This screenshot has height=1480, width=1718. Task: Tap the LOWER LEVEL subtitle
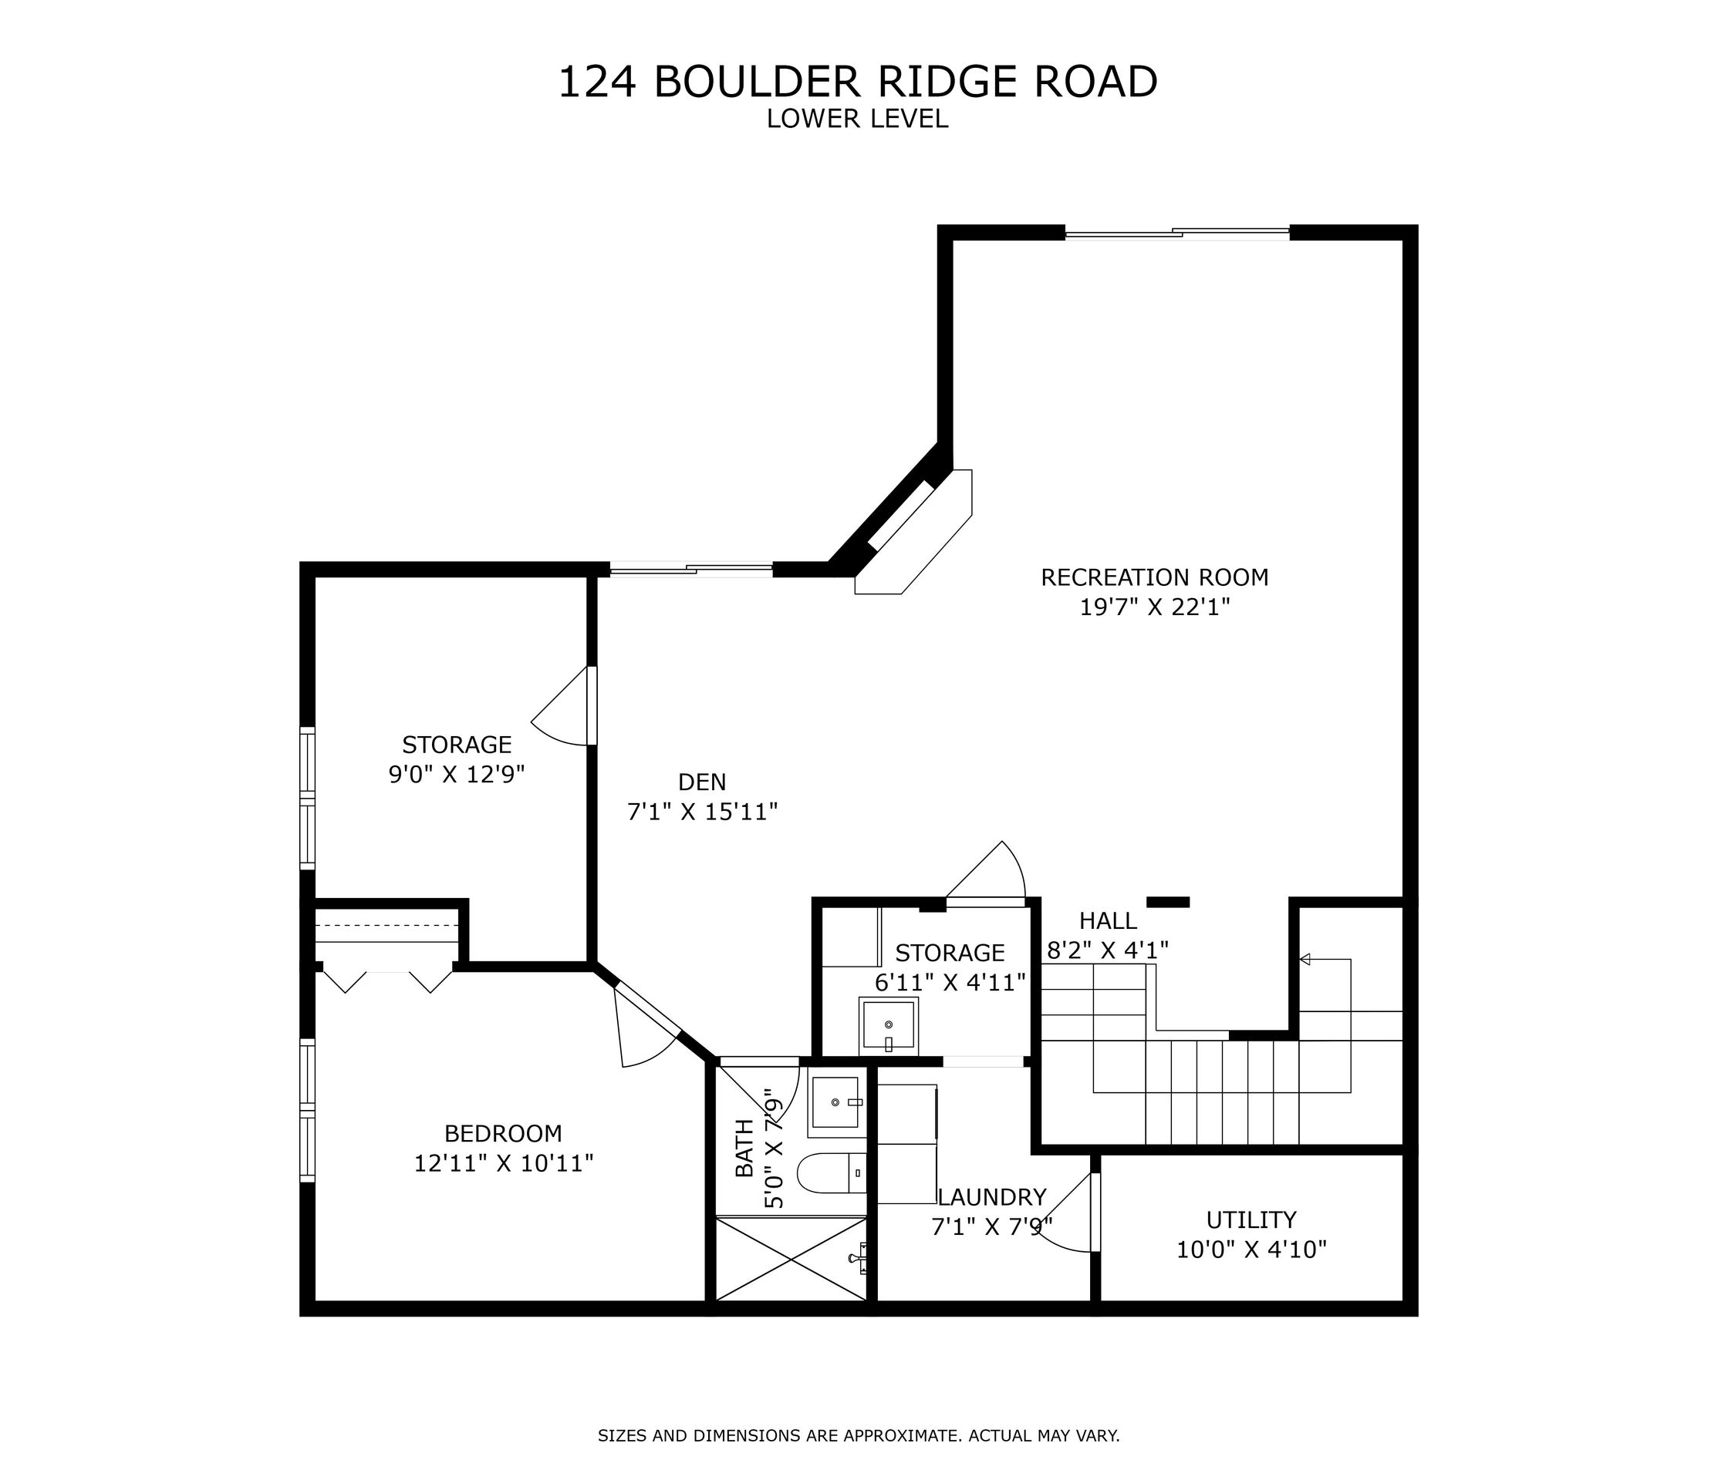coord(857,119)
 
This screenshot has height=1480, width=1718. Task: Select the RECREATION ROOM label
coord(1154,577)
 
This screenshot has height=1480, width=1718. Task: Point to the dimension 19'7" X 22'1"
coord(1154,607)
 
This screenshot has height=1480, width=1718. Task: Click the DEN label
coord(701,782)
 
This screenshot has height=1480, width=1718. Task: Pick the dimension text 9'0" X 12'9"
coord(457,775)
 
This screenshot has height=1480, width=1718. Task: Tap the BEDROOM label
coord(503,1134)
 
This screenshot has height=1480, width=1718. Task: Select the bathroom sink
coord(835,1102)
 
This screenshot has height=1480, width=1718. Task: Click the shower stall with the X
coord(791,1259)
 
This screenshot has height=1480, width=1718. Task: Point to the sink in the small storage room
coord(888,1026)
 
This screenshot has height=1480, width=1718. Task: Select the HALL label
coord(1108,920)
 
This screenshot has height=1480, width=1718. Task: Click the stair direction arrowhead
coord(1305,960)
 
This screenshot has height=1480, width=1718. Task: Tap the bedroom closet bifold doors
coord(387,980)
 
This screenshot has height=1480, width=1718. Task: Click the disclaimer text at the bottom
coord(858,1436)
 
